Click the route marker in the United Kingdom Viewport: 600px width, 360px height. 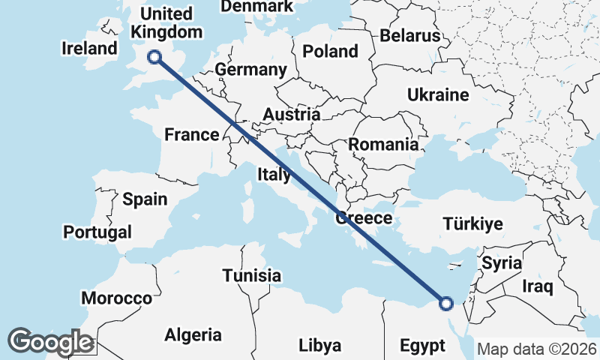pyautogui.click(x=154, y=56)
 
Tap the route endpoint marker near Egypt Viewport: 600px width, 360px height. pyautogui.click(x=446, y=304)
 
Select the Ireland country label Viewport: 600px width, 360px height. pyautogui.click(x=90, y=49)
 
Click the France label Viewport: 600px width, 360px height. pyautogui.click(x=192, y=135)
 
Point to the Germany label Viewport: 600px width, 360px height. pyautogui.click(x=250, y=70)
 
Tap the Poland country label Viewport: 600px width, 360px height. pyautogui.click(x=330, y=52)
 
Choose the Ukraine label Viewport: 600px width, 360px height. pyautogui.click(x=438, y=95)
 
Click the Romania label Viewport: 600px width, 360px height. pyautogui.click(x=382, y=145)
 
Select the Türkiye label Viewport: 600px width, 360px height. pyautogui.click(x=472, y=224)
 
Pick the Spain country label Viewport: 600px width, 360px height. pyautogui.click(x=145, y=199)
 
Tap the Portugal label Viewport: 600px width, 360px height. pyautogui.click(x=97, y=232)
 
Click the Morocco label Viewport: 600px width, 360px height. pyautogui.click(x=116, y=298)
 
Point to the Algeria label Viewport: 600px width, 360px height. pyautogui.click(x=193, y=334)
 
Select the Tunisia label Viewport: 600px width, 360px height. pyautogui.click(x=252, y=276)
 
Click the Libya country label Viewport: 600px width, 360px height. pyautogui.click(x=319, y=346)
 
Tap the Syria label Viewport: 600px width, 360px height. pyautogui.click(x=502, y=263)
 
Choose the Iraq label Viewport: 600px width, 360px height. pyautogui.click(x=538, y=286)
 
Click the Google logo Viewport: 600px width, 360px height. pyautogui.click(x=50, y=342)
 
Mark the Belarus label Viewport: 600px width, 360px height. pyautogui.click(x=410, y=35)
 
